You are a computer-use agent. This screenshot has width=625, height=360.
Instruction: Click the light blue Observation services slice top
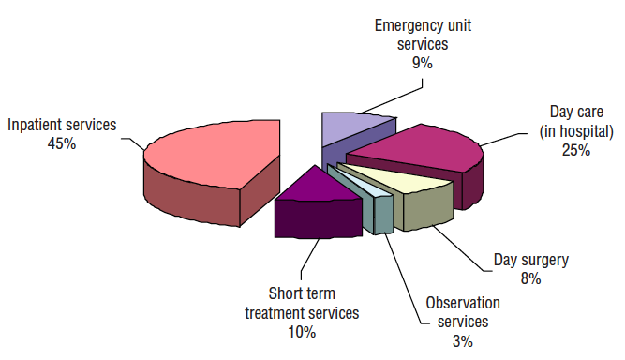(365, 186)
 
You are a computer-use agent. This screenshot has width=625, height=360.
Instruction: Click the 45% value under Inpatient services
(62, 143)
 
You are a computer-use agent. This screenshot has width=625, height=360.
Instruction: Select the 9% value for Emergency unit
(423, 63)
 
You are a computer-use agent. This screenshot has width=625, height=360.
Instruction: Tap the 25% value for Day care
(576, 150)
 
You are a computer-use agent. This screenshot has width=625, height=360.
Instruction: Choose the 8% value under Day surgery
(530, 278)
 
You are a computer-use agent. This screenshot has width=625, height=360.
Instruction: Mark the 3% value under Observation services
(462, 341)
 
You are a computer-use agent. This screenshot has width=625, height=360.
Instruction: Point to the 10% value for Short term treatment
(302, 332)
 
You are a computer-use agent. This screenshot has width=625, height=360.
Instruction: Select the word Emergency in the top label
(405, 26)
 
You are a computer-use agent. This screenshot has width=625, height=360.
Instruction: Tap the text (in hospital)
(576, 131)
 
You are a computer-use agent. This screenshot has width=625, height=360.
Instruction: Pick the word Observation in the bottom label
(463, 303)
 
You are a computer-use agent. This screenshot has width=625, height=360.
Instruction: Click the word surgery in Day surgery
(544, 261)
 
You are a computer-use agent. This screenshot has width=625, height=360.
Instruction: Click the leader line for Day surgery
(458, 248)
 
